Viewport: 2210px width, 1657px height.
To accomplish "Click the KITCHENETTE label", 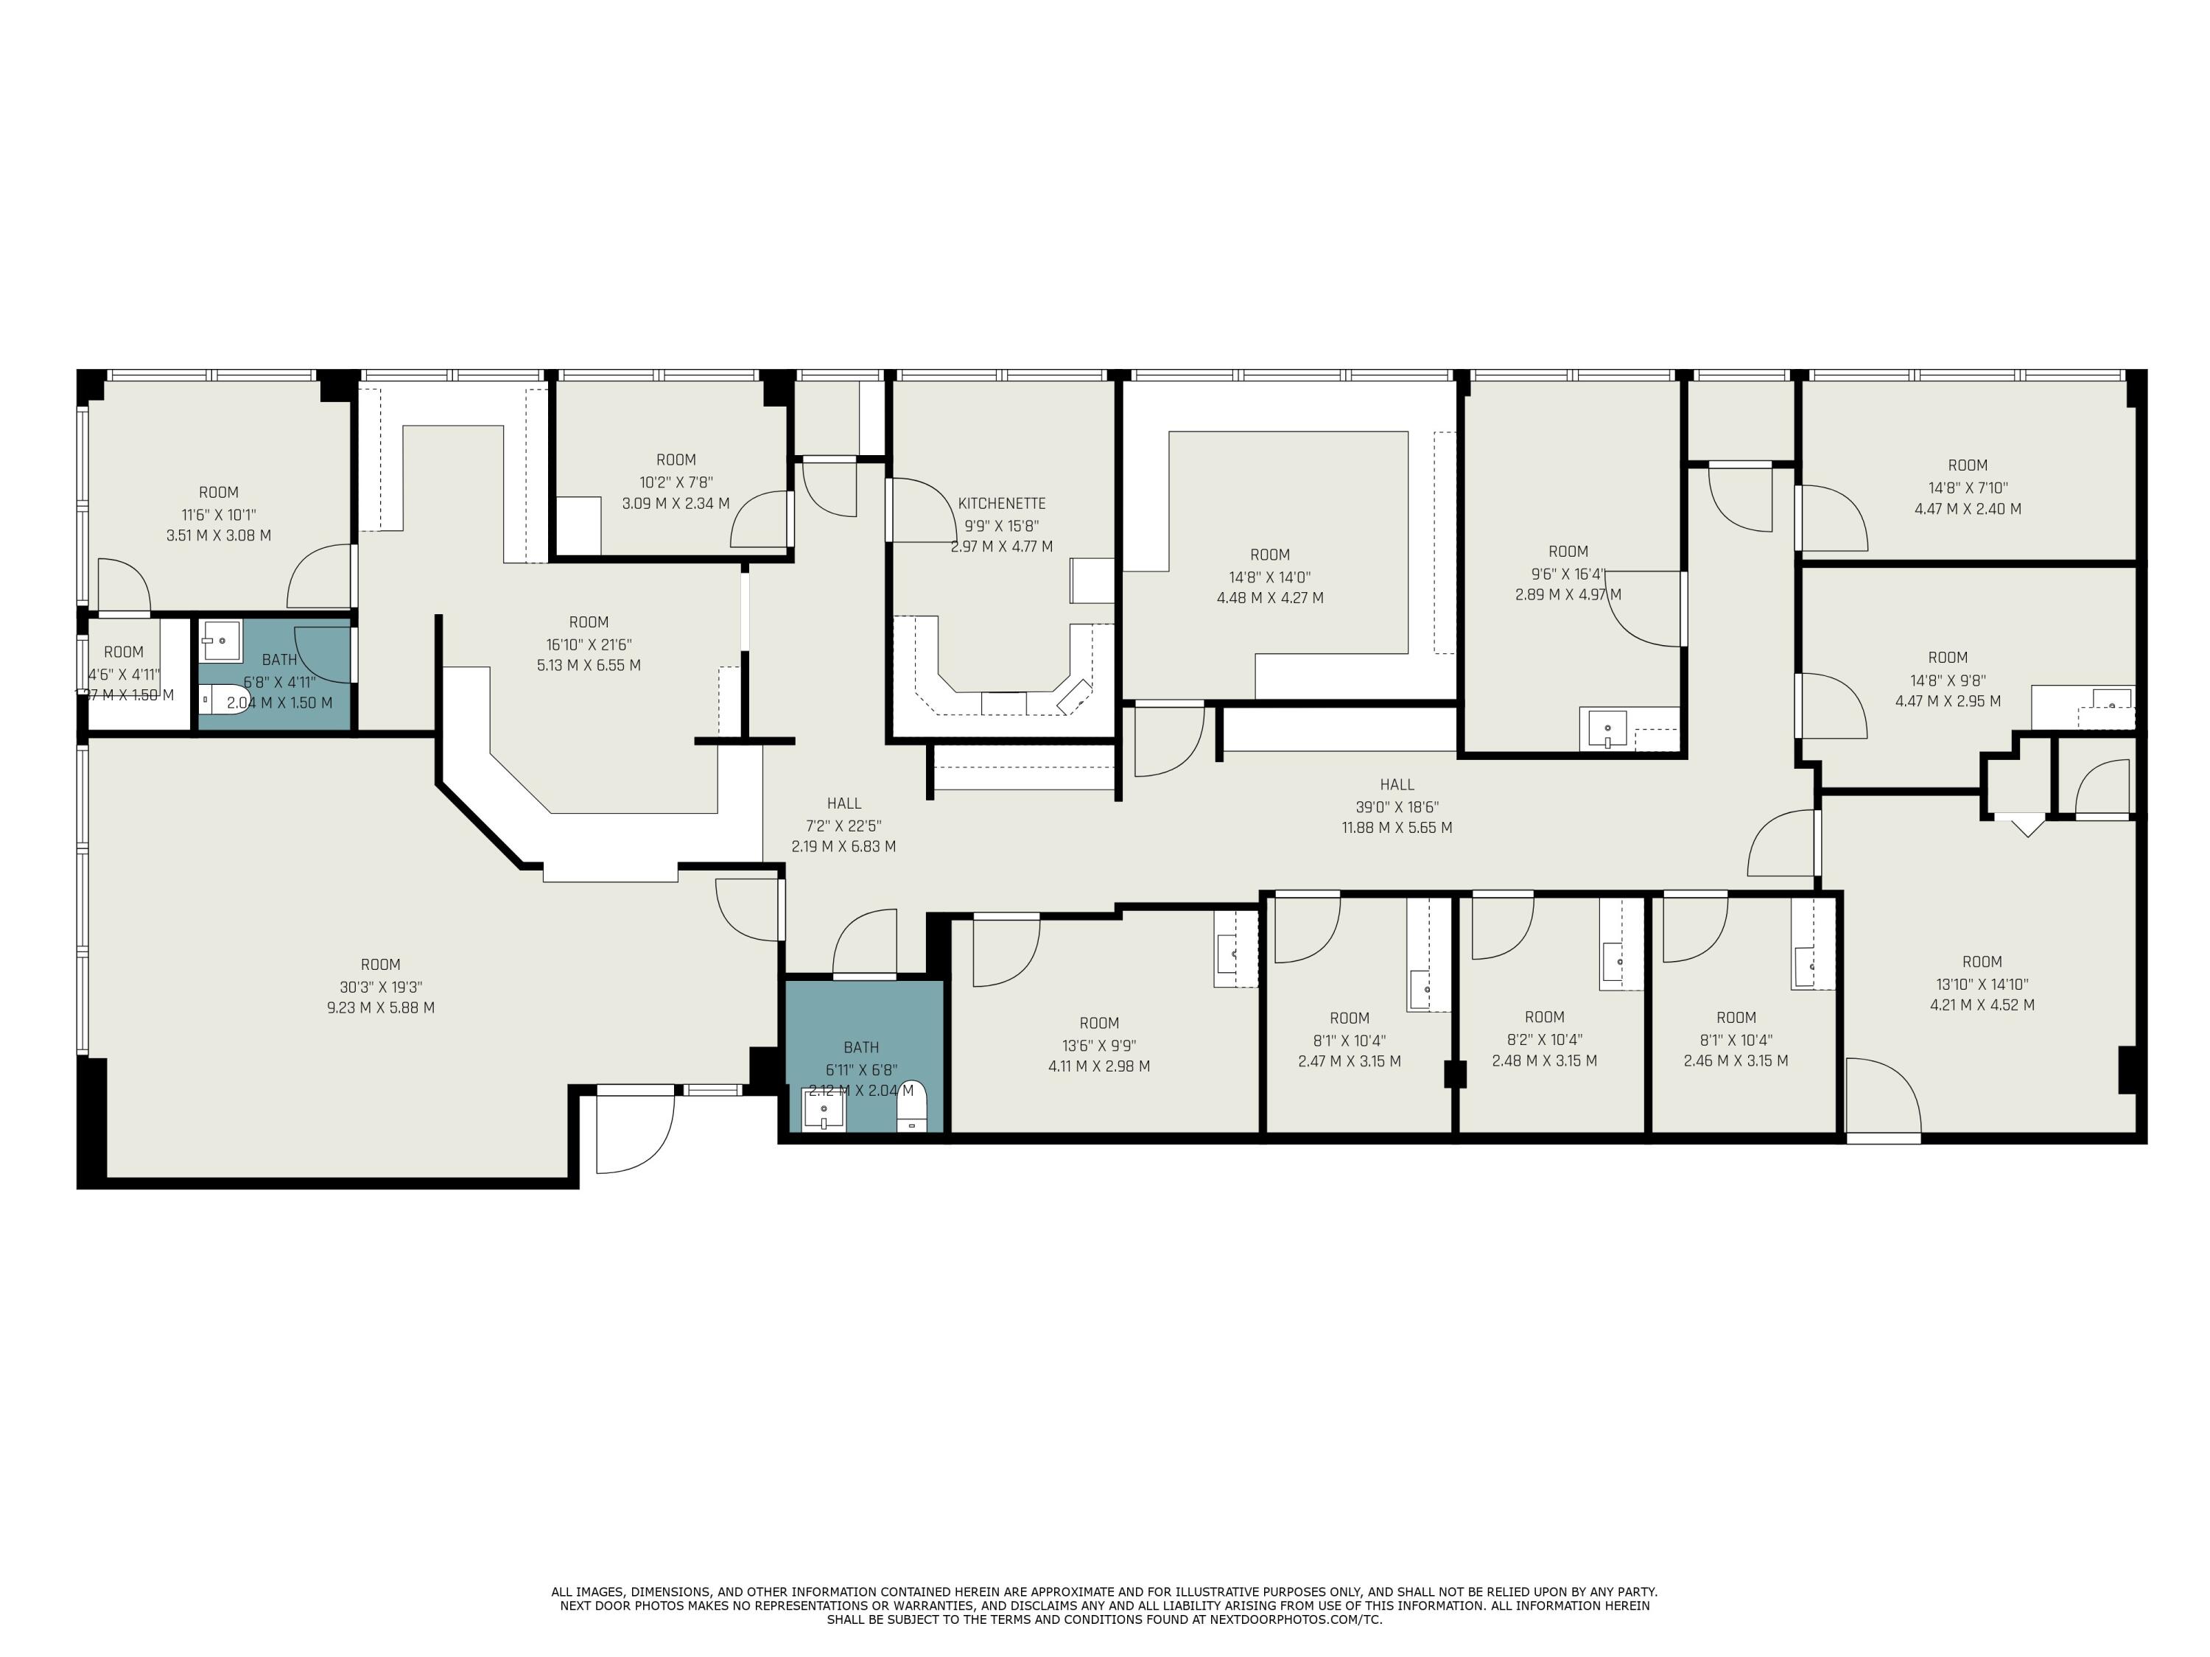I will point(1001,504).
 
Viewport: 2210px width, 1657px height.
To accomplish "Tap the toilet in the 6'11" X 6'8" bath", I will point(912,1108).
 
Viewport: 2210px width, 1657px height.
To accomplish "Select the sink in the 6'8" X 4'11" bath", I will point(220,640).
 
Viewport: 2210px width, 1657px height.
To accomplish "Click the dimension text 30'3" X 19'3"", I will point(381,987).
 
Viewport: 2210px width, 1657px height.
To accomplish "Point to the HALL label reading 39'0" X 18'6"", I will point(1397,785).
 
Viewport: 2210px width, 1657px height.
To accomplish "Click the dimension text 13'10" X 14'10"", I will point(1982,984).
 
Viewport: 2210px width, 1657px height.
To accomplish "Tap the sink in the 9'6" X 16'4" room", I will point(1607,728).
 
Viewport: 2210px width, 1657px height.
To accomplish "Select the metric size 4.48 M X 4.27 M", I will point(1270,598).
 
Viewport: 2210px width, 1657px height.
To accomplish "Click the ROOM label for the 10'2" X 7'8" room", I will point(676,460).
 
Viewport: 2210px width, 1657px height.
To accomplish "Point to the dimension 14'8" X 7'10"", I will point(1967,488).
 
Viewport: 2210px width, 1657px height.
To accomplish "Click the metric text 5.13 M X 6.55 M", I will point(589,665).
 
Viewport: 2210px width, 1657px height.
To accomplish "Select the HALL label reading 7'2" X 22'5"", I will point(844,803).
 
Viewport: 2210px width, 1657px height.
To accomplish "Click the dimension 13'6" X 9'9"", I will point(1099,1046).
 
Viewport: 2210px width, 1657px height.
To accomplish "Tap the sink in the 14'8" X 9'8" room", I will point(2111,701).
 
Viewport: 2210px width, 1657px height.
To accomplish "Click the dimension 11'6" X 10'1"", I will point(219,514).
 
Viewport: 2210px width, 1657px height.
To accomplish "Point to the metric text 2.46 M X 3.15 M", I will point(1736,1060).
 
